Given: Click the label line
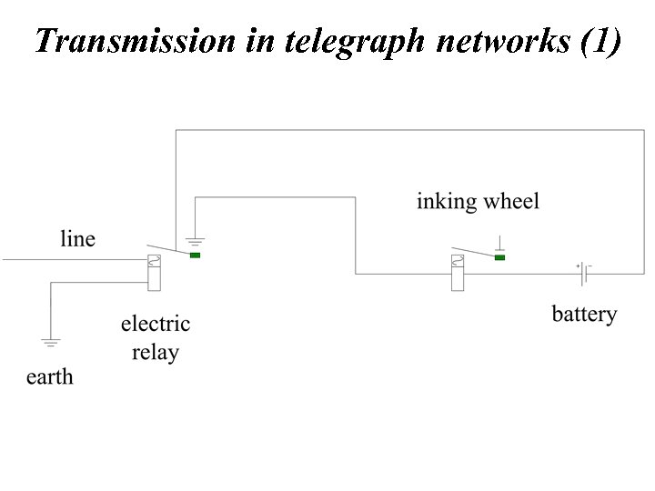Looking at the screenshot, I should pos(77,239).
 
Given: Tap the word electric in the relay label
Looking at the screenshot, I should pos(155,324).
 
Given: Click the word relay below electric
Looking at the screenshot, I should pos(155,353).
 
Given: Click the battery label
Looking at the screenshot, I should pos(584,315).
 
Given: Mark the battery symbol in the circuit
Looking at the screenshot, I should pos(583,273).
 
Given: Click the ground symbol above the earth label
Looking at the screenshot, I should pos(50,343).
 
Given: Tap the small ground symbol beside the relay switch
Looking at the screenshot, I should pos(194,242).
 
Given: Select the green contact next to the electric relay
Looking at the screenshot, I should pos(195,256).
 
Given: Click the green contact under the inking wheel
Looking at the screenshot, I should pos(499,257).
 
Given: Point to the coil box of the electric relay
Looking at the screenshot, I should pos(154,273).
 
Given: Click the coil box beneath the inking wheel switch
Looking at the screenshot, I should pos(458,273).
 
